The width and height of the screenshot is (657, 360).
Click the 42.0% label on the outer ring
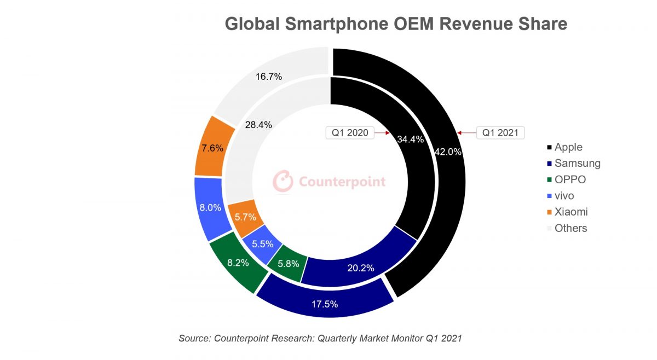click(448, 152)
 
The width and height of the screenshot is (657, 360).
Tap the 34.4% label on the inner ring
click(411, 139)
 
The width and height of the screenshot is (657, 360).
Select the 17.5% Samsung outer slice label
click(324, 304)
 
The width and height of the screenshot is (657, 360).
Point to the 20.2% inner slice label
click(361, 268)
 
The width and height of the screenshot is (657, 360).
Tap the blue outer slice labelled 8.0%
click(210, 208)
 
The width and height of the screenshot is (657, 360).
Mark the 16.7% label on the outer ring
click(269, 77)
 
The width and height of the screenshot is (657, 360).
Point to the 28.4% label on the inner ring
click(258, 125)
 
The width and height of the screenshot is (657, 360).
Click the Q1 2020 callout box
click(350, 132)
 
